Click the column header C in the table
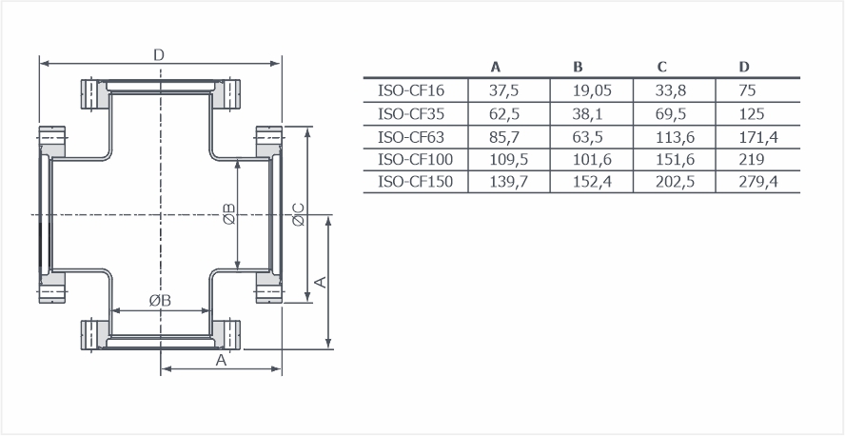point(661,67)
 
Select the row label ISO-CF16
point(411,90)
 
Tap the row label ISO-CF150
point(416,182)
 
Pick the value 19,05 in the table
point(592,90)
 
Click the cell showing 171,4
point(758,137)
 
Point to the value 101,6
point(592,160)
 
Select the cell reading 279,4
point(758,182)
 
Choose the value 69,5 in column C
point(671,114)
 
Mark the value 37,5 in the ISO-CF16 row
point(504,90)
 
